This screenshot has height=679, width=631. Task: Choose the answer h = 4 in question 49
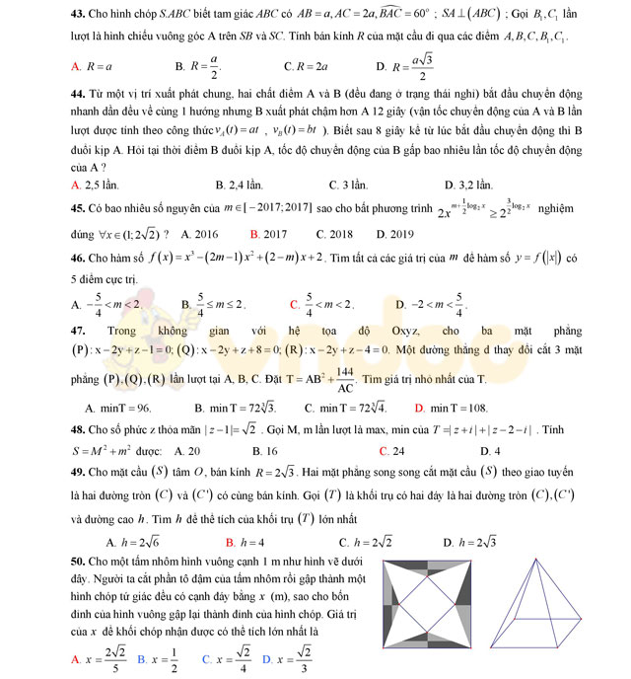[x=252, y=542]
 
